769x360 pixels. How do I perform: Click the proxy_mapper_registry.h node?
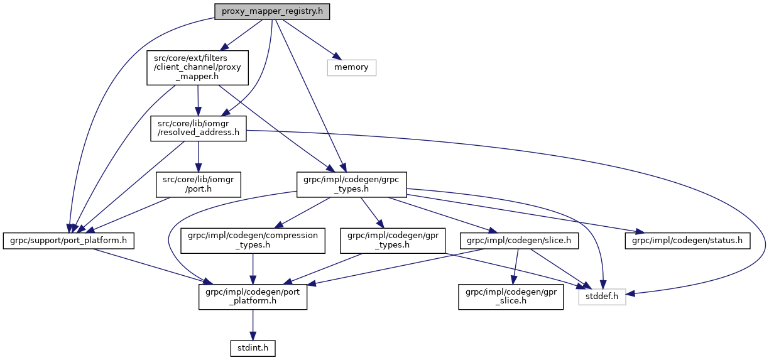[x=272, y=12]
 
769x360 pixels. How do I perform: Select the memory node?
[x=351, y=67]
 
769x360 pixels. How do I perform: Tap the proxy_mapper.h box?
[x=198, y=67]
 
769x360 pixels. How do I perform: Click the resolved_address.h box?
[x=198, y=128]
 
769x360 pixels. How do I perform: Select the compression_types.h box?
[x=253, y=240]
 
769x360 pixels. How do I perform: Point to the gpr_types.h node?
[x=393, y=240]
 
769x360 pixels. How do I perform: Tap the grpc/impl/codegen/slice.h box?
[x=519, y=240]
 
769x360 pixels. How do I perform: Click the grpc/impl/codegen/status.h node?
[x=687, y=240]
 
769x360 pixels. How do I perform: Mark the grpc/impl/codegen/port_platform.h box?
[x=253, y=296]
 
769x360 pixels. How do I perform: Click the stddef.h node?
[x=602, y=296]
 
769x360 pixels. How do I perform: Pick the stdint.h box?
[x=252, y=347]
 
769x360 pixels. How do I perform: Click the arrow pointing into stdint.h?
[x=253, y=325]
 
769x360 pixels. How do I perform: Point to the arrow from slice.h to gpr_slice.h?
[x=515, y=264]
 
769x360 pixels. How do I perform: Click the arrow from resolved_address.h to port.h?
[x=199, y=156]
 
